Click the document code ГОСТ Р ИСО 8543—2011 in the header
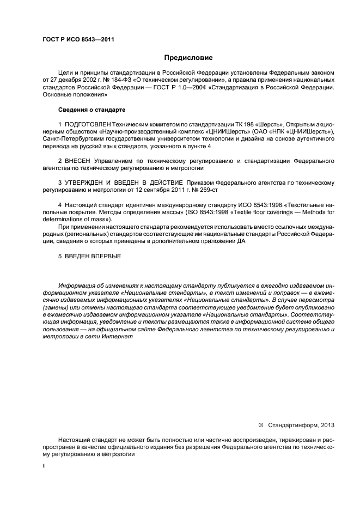(78, 39)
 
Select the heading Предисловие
(188, 57)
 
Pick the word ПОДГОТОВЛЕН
(86, 125)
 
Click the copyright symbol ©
(260, 424)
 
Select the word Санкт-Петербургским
(75, 140)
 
